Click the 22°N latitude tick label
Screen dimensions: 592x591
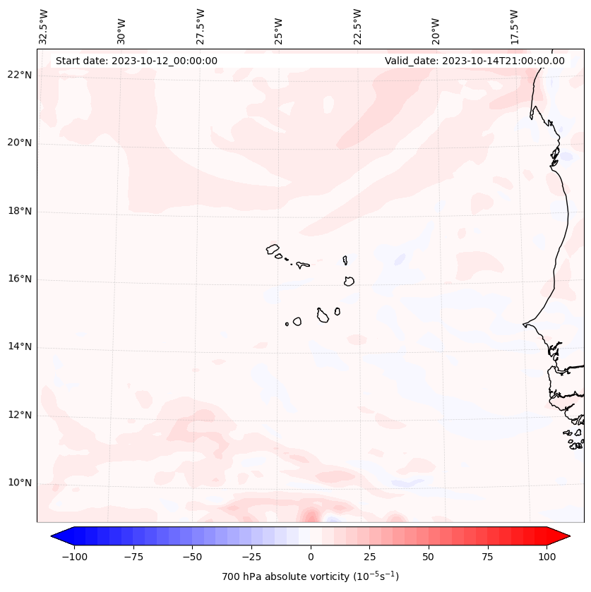point(20,75)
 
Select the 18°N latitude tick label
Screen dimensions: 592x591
point(20,212)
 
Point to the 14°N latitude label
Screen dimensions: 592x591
point(20,347)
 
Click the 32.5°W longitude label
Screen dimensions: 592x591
point(44,27)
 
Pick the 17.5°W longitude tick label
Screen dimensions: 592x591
point(515,27)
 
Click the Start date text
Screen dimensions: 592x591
point(136,61)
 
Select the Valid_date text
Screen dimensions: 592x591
point(474,61)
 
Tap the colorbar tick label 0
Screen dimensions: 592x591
point(310,557)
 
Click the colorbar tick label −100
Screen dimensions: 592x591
point(74,557)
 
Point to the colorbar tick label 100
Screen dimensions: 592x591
point(547,557)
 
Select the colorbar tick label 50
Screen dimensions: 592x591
point(429,557)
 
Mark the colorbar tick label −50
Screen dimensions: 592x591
point(192,557)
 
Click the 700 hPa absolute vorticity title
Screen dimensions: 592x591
point(310,576)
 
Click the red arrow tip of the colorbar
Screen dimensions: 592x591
point(567,536)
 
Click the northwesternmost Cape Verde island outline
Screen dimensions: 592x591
point(273,249)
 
